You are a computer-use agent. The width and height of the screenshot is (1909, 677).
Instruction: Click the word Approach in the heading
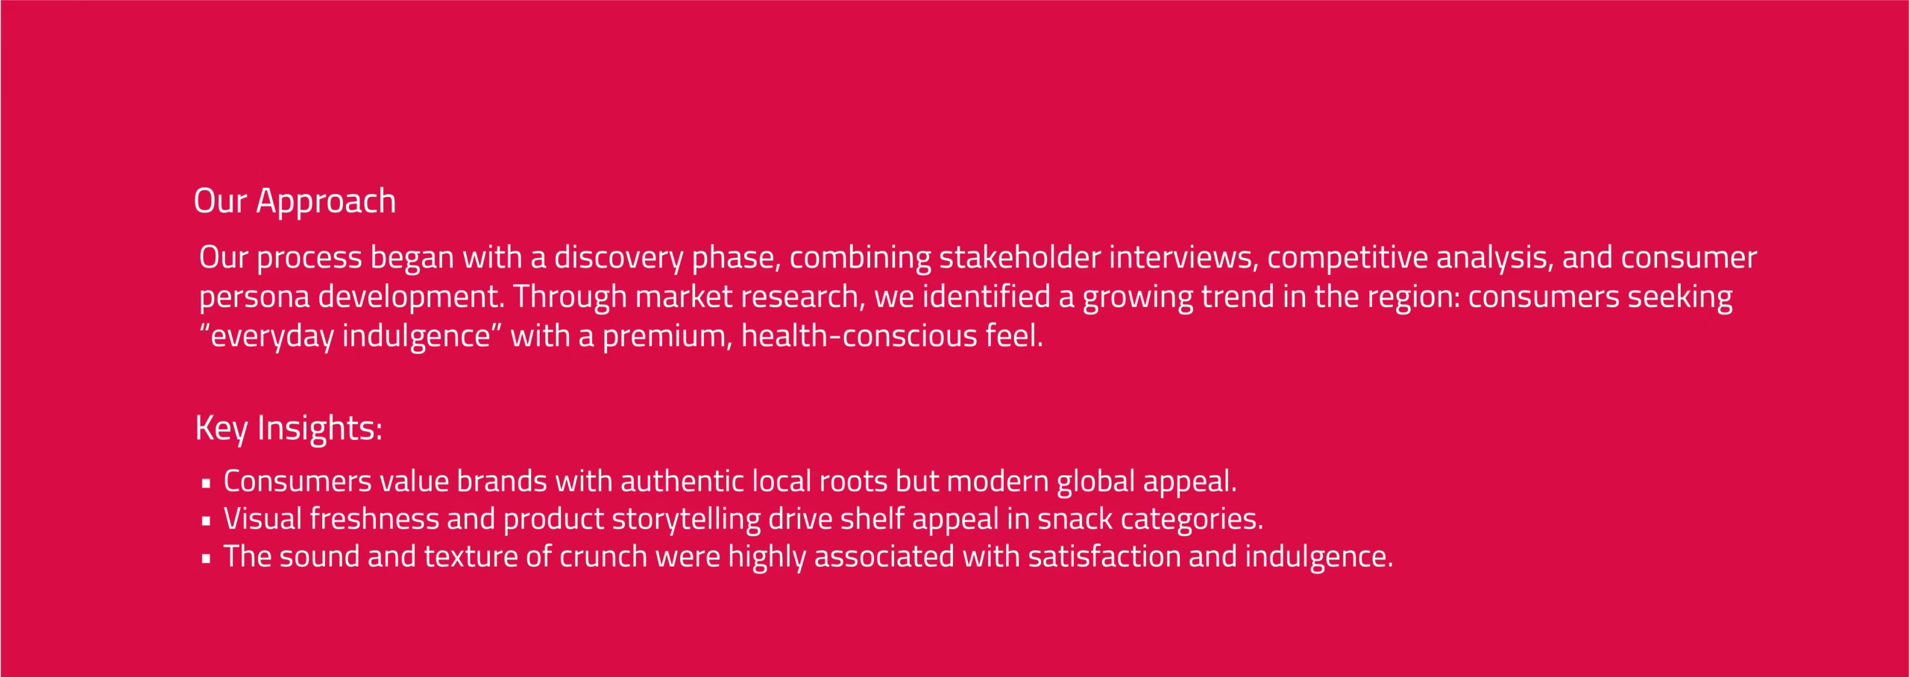(326, 202)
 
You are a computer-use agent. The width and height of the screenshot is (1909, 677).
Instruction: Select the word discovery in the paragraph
(618, 258)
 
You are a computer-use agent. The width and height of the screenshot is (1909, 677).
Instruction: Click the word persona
(254, 297)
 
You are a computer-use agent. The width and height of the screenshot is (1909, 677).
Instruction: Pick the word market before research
(684, 297)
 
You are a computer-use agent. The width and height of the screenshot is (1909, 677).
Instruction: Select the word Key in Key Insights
(221, 429)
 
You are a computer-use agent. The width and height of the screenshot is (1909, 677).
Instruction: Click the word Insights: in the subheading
(319, 429)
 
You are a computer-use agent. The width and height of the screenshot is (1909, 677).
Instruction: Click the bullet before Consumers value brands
(207, 483)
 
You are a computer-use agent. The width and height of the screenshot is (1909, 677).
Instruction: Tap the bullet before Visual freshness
(207, 521)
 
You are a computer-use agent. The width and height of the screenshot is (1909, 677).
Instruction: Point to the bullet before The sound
(207, 558)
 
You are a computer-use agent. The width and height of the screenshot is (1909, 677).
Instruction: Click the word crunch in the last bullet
(603, 557)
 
